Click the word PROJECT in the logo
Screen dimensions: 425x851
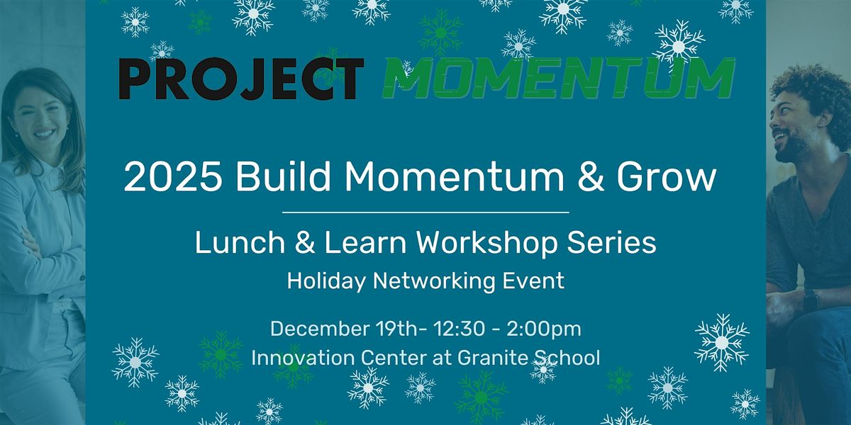point(241,79)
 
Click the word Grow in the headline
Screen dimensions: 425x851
point(667,178)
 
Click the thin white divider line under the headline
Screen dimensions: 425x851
point(425,212)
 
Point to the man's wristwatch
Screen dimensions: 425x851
point(811,300)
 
